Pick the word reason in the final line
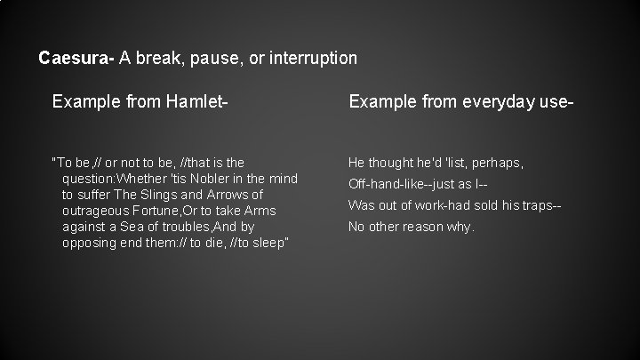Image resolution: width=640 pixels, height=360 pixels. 426,227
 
